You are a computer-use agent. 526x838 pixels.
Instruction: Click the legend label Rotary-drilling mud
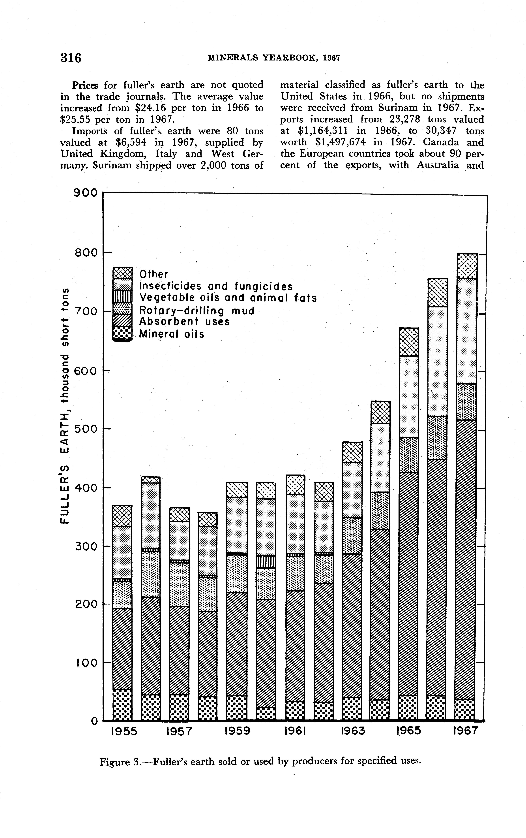(x=197, y=310)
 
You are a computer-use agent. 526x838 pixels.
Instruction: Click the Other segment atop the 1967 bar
(x=466, y=266)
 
